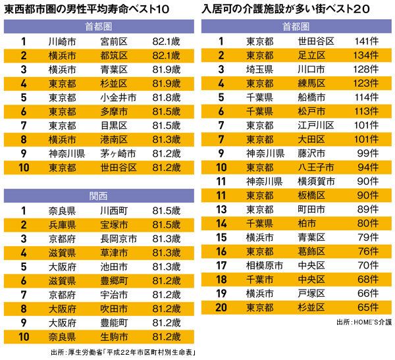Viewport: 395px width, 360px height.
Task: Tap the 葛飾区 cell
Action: (x=312, y=252)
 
